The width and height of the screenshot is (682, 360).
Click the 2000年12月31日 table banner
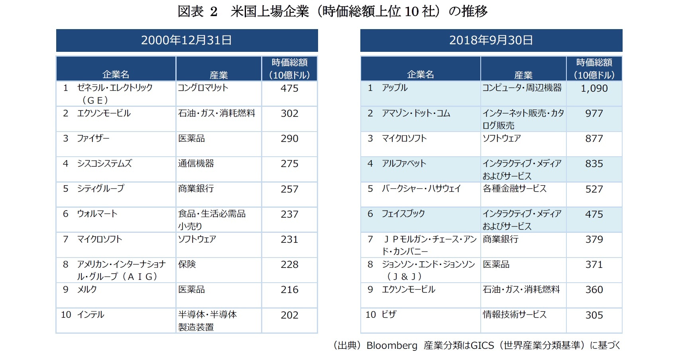point(187,40)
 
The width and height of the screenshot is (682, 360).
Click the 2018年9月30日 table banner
point(491,40)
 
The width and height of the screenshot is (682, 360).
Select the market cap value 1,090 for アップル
point(594,89)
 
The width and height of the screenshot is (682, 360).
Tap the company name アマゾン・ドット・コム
point(416,114)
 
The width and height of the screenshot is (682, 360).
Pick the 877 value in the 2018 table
point(594,139)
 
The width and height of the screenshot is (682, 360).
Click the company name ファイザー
point(93,139)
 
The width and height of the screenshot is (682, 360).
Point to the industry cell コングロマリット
point(203,88)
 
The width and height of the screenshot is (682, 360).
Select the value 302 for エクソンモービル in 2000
point(289,114)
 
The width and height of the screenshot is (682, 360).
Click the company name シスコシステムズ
point(104,164)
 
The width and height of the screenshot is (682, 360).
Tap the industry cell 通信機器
point(196,164)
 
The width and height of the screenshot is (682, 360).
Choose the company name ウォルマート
point(97,214)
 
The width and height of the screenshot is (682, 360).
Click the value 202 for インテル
point(289,315)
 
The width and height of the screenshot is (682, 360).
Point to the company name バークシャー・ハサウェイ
point(421,189)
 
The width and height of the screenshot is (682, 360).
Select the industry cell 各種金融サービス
point(515,189)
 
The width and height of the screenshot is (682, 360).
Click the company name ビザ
point(389,315)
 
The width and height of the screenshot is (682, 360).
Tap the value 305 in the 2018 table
point(594,315)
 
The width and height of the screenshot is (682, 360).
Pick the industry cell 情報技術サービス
point(515,315)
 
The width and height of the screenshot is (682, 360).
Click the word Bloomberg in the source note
point(392,346)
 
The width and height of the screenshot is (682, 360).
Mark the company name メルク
point(87,290)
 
